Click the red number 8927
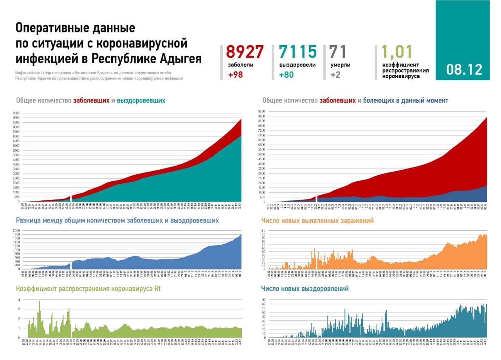245,52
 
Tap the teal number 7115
297,52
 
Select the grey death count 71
338,52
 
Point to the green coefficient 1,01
397,52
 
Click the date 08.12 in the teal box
464,70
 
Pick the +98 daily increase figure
235,75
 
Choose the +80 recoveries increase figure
287,75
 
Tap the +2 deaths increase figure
335,75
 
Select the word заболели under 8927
240,65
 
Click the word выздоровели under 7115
297,65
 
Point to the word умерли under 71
340,65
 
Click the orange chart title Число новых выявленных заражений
317,221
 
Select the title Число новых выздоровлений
305,289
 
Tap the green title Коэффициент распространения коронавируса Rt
88,289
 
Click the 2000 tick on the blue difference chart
17,230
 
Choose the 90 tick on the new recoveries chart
264,300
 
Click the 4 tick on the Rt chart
19,300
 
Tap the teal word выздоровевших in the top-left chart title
141,101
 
